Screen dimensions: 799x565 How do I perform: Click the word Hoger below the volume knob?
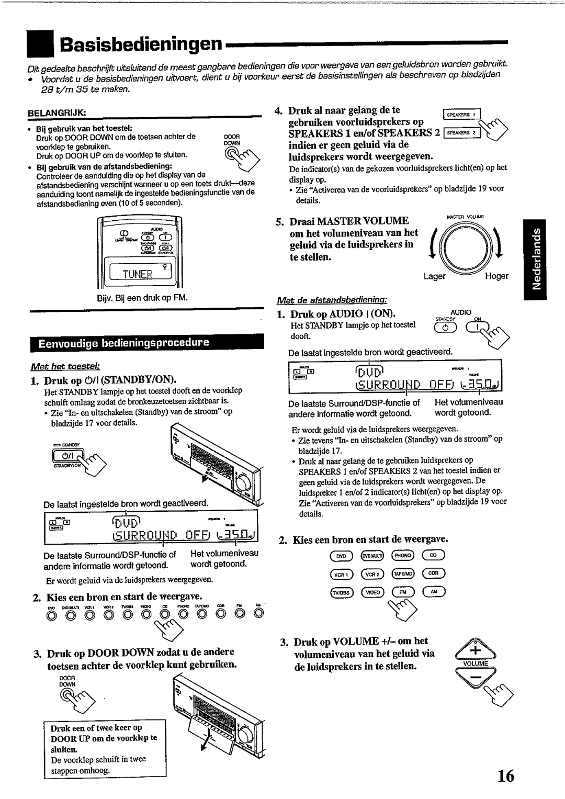(496, 276)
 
